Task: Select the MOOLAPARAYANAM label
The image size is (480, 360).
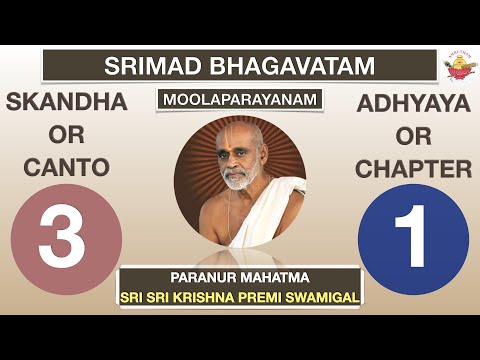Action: click(x=239, y=101)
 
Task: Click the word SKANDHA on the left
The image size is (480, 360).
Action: click(x=65, y=103)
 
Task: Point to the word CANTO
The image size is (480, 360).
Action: click(x=65, y=169)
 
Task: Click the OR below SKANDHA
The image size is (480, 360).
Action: click(x=65, y=136)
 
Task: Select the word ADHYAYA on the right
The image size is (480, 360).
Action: click(x=412, y=103)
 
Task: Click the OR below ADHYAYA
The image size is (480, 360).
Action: click(x=412, y=136)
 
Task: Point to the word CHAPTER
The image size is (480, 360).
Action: click(x=412, y=169)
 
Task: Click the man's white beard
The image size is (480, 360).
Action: click(x=236, y=180)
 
